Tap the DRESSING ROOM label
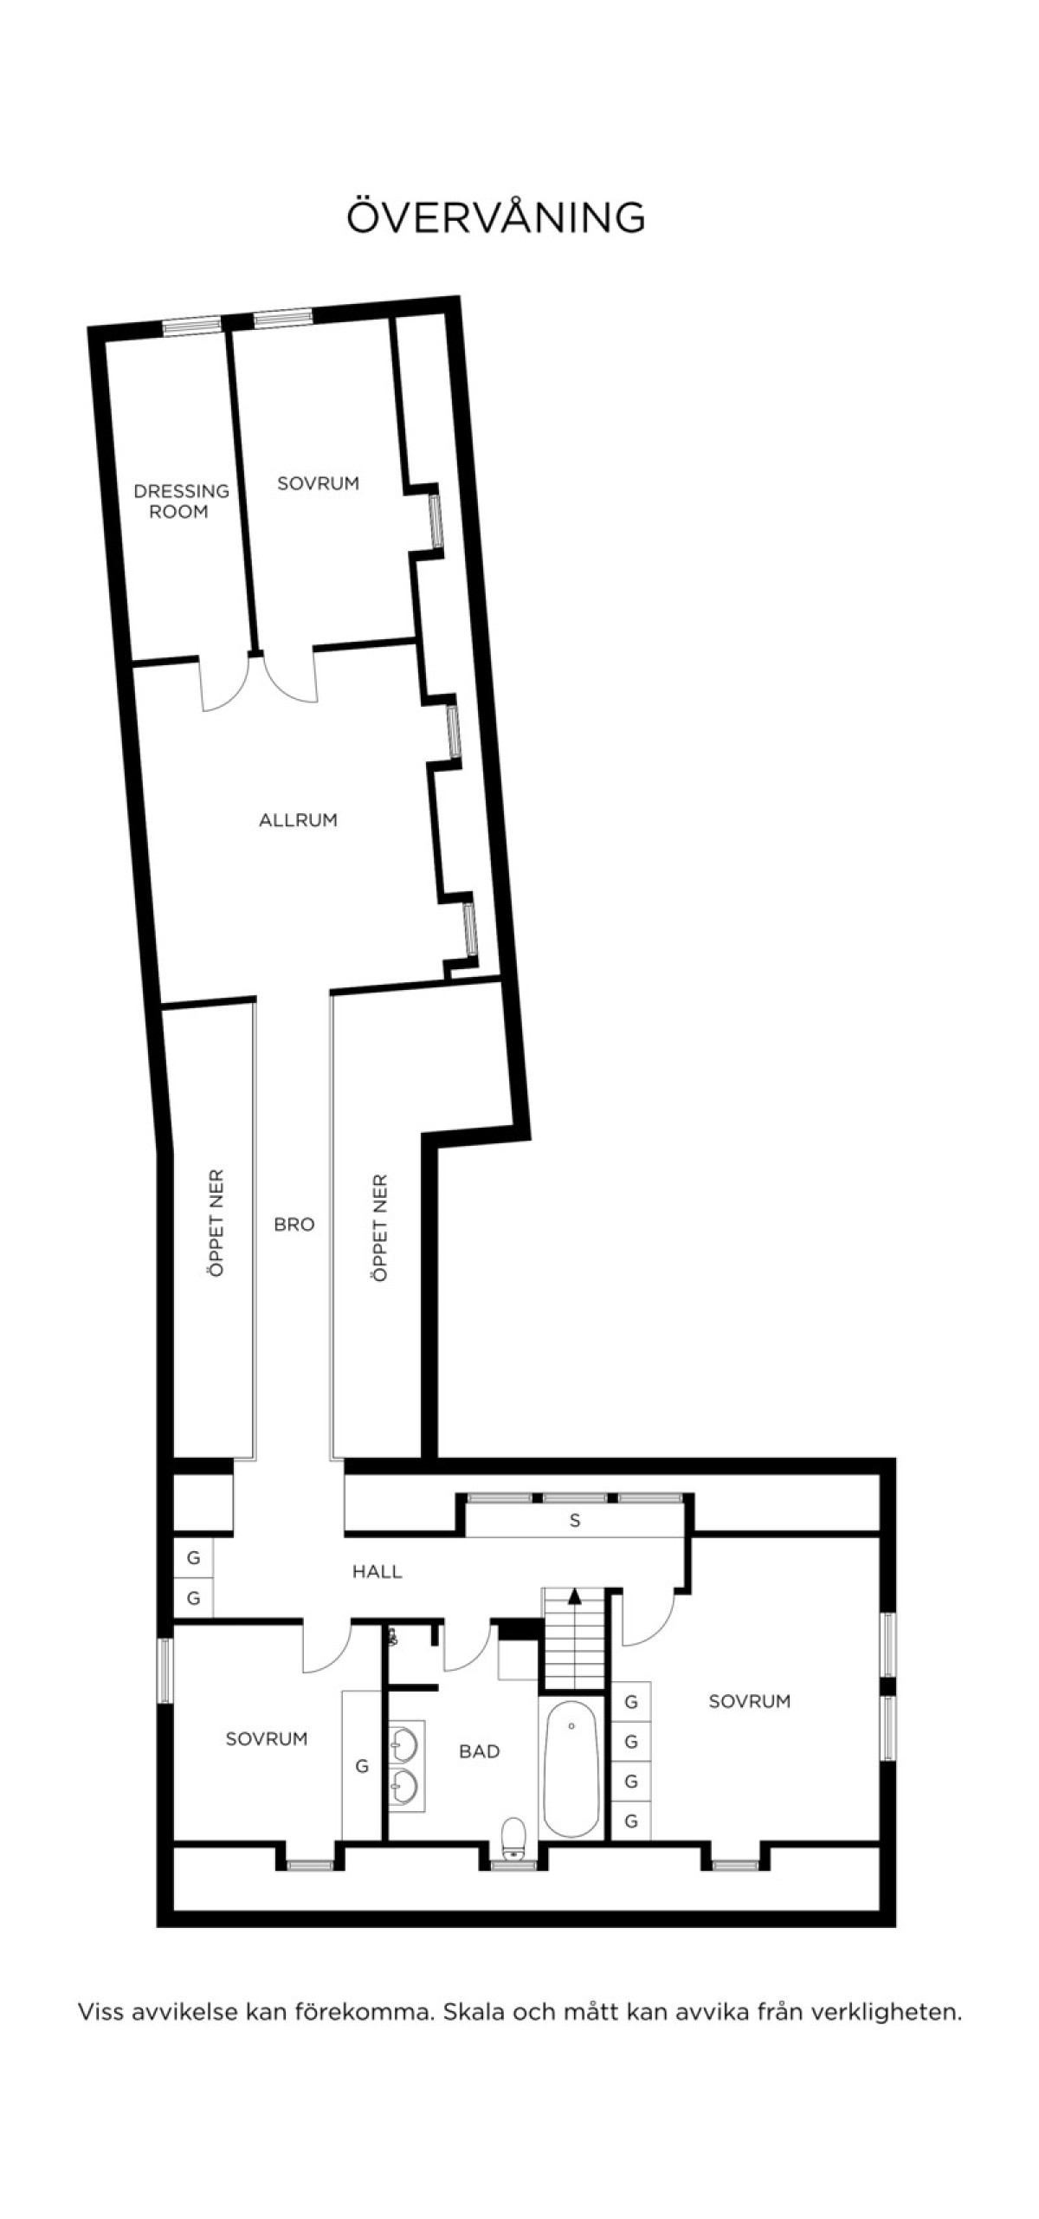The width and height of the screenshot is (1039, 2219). click(181, 501)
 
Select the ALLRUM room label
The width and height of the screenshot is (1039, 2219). click(298, 820)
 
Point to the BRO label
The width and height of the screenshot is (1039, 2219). click(294, 1225)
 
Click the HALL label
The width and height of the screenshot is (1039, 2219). click(377, 1572)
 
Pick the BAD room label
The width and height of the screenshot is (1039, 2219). click(479, 1751)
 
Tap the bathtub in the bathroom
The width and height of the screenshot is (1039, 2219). click(571, 1767)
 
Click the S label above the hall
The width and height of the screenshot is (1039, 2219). click(575, 1521)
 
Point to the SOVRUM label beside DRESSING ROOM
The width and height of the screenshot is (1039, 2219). click(318, 483)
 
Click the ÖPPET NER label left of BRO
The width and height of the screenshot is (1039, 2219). click(216, 1223)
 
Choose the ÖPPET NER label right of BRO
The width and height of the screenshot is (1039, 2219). click(380, 1227)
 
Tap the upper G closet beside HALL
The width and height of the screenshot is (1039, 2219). click(193, 1558)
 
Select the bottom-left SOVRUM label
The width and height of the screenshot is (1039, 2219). click(267, 1738)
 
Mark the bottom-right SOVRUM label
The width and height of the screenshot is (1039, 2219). click(750, 1701)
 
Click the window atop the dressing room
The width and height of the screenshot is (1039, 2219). click(193, 326)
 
